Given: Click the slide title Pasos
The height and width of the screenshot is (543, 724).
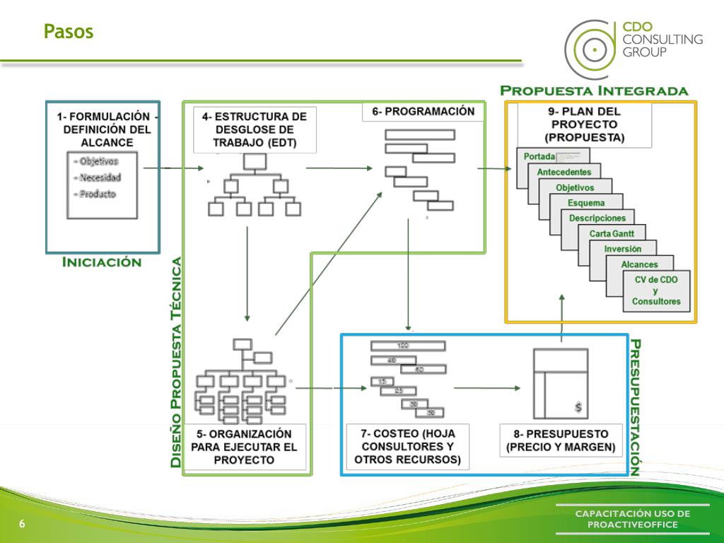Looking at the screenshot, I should click(68, 32).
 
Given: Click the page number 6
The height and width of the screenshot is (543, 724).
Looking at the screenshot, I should click(22, 524).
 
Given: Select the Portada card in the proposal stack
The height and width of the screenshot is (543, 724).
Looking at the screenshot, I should click(535, 156).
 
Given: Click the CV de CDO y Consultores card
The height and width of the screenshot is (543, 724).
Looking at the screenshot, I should click(655, 291).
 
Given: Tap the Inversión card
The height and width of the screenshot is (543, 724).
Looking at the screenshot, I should click(622, 249).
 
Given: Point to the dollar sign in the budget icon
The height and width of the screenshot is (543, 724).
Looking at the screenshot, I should click(578, 408).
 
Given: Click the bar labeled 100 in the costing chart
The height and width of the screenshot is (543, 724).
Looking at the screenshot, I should click(407, 346).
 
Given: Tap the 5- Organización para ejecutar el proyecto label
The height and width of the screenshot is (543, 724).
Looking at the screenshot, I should click(244, 446).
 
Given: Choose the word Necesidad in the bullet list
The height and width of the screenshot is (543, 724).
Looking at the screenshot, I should click(100, 177).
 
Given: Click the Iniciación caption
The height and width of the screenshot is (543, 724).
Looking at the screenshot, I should click(102, 262).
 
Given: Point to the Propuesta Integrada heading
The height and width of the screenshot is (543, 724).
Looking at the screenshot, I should click(593, 91).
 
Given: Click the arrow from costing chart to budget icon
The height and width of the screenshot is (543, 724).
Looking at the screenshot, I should click(488, 387).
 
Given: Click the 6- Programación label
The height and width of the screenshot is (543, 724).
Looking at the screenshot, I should click(424, 112).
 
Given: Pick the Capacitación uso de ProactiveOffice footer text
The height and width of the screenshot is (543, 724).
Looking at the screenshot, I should click(632, 519).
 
